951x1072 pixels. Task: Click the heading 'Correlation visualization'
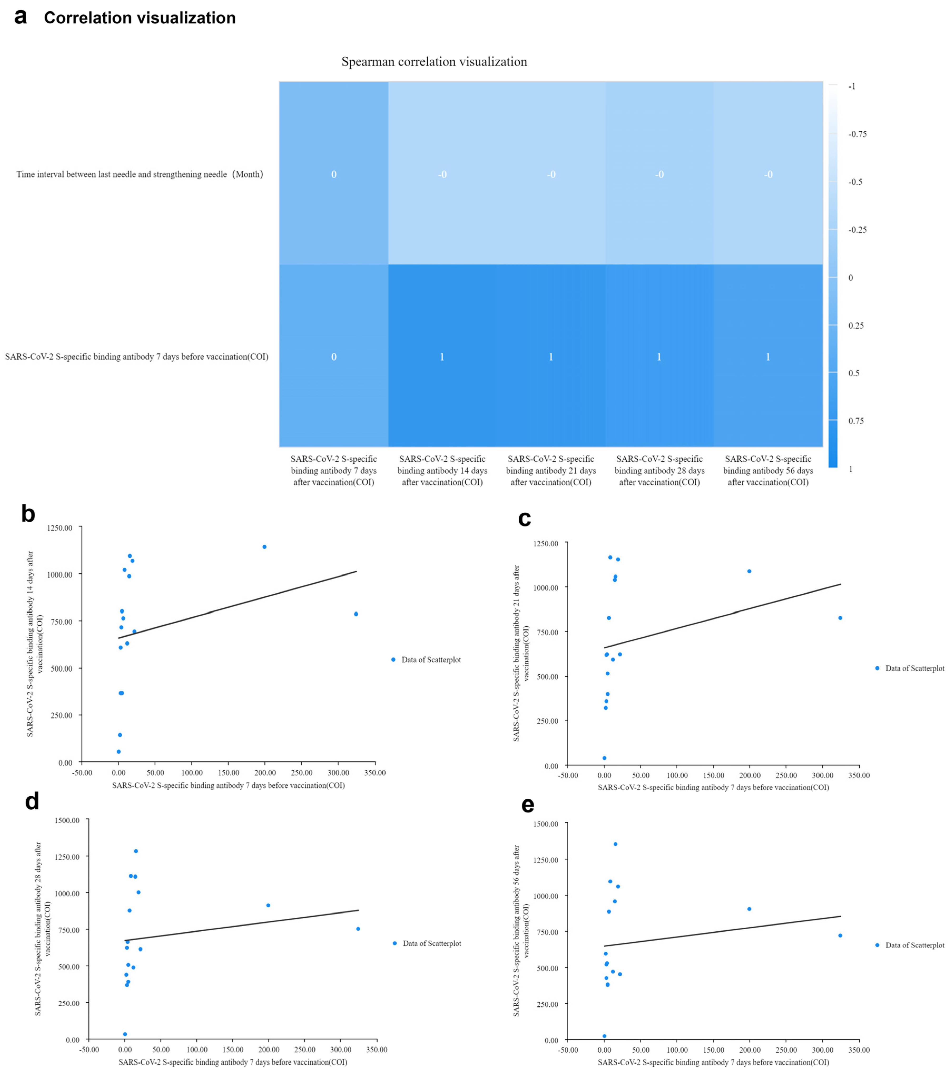click(140, 18)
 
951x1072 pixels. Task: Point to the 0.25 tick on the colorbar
click(856, 326)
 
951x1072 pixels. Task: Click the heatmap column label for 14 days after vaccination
click(442, 470)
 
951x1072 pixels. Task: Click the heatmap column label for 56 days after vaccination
click(768, 470)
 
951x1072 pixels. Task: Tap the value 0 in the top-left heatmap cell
click(334, 174)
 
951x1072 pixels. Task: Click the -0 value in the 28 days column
click(659, 174)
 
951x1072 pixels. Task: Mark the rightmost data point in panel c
click(840, 618)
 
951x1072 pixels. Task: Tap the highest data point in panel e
click(615, 844)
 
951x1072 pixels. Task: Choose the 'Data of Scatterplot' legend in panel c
click(914, 668)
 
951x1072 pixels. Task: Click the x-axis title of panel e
click(713, 1062)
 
